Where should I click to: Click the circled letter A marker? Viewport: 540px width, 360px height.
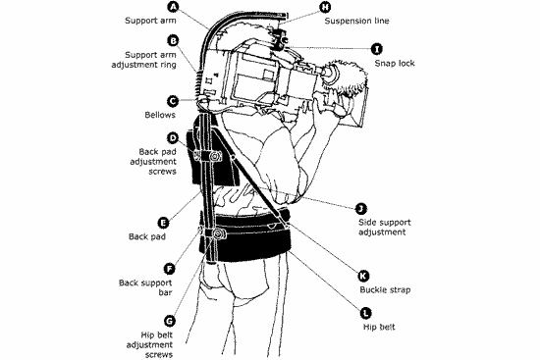pyautogui.click(x=173, y=7)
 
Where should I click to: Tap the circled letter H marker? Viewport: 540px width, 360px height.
pyautogui.click(x=325, y=7)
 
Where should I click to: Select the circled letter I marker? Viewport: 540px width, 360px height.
pyautogui.click(x=377, y=49)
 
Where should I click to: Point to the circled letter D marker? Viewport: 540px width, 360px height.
pyautogui.click(x=173, y=138)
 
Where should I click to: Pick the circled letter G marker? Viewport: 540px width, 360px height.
pyautogui.click(x=170, y=321)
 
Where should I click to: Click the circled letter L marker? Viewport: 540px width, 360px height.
pyautogui.click(x=366, y=313)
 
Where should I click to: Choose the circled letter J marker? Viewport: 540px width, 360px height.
pyautogui.click(x=361, y=209)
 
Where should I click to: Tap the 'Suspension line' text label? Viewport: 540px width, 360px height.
pyautogui.click(x=356, y=21)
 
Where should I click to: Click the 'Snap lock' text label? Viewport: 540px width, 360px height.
pyautogui.click(x=395, y=64)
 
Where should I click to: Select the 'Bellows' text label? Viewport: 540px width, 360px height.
pyautogui.click(x=160, y=115)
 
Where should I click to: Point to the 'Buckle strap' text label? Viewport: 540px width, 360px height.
pyautogui.click(x=385, y=289)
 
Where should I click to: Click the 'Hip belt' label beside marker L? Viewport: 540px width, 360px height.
pyautogui.click(x=379, y=327)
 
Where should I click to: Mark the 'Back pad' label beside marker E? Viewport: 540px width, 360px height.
pyautogui.click(x=147, y=236)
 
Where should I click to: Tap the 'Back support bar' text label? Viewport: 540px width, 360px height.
pyautogui.click(x=145, y=287)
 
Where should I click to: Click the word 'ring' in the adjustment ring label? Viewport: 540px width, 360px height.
pyautogui.click(x=167, y=65)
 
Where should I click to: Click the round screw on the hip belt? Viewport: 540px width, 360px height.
pyautogui.click(x=218, y=234)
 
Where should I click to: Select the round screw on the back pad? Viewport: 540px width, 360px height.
pyautogui.click(x=215, y=157)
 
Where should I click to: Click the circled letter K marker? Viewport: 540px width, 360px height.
pyautogui.click(x=363, y=276)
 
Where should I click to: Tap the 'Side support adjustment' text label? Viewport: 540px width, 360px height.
pyautogui.click(x=385, y=228)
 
